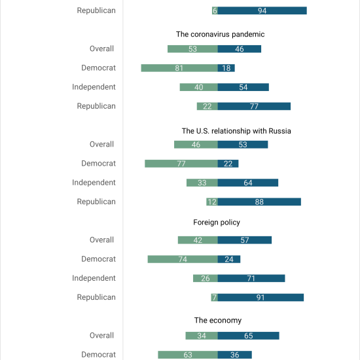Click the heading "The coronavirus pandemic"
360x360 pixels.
tap(220, 34)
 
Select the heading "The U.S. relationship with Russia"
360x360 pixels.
tap(236, 131)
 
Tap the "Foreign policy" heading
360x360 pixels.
tap(217, 223)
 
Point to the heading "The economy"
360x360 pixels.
tap(218, 320)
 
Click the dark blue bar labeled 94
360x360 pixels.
tap(262, 10)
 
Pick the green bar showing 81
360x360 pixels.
tap(179, 68)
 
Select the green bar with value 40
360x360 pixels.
tap(199, 87)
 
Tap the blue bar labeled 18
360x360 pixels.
tap(226, 68)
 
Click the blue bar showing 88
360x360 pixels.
tap(259, 202)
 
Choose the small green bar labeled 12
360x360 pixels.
tap(212, 202)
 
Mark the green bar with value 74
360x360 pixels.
tap(183, 259)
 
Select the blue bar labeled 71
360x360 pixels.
tap(251, 278)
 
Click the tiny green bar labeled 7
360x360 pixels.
tap(215, 297)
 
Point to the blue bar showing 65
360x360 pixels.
tap(249, 336)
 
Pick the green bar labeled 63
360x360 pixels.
tap(188, 355)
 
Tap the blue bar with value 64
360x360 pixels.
tap(248, 183)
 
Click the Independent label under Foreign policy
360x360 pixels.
tap(94, 278)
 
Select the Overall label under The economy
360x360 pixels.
tap(101, 335)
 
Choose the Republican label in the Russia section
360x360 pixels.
tap(96, 202)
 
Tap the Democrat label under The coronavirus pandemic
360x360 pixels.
tap(98, 67)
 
